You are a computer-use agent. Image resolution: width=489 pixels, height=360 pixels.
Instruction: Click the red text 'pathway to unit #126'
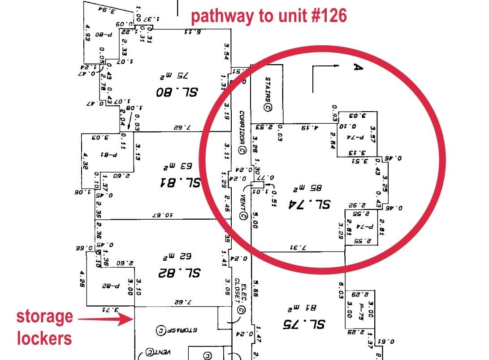pos(269,16)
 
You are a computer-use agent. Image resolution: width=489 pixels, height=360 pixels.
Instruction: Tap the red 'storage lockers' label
pos(44,327)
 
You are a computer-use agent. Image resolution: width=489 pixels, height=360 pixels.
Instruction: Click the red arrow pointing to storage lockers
pos(105,319)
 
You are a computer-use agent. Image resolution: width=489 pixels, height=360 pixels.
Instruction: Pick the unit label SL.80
pos(177,92)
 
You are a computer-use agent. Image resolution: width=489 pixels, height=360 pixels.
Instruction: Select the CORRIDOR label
pos(242,132)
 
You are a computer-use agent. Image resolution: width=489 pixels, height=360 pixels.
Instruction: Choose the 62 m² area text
pos(177,256)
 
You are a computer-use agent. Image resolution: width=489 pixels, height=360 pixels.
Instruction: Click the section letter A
pos(357,67)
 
